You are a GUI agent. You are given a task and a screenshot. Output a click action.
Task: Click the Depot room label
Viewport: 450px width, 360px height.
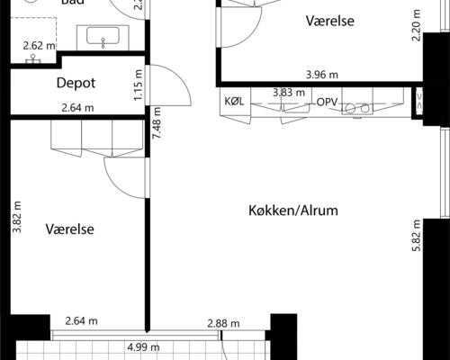(76, 83)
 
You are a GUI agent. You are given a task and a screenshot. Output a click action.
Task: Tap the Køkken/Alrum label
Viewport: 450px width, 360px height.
(292, 211)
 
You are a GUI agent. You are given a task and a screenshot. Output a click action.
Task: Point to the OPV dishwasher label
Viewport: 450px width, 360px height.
(327, 103)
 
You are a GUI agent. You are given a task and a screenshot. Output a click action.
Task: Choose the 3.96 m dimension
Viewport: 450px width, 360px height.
(321, 76)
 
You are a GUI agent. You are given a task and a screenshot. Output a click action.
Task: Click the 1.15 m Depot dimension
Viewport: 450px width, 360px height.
(138, 86)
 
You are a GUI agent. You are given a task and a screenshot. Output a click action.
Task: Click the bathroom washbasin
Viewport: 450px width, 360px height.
(106, 38)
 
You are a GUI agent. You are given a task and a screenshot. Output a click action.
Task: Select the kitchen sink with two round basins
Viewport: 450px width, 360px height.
(359, 108)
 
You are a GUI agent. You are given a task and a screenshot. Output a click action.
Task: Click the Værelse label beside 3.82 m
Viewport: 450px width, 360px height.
(70, 229)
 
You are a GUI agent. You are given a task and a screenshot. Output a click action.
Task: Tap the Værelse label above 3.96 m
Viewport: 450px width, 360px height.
(329, 20)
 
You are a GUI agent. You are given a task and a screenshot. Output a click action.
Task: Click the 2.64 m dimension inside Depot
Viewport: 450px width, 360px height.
(78, 109)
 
